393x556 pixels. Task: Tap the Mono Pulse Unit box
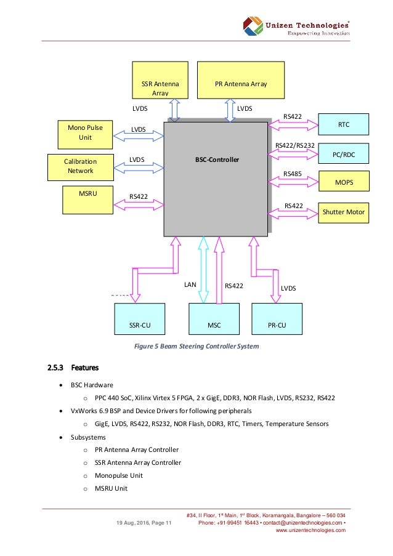coord(85,132)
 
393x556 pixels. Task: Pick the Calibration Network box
coord(80,166)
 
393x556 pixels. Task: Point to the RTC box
coord(343,124)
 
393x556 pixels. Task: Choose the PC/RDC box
coord(343,154)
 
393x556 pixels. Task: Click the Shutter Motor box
coord(343,212)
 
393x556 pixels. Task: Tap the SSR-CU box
coord(140,320)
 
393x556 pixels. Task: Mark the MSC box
coord(214,320)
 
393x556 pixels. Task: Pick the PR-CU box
coord(277,320)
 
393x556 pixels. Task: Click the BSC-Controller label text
coord(216,159)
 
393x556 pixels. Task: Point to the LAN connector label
coord(190,286)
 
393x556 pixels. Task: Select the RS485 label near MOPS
coord(292,174)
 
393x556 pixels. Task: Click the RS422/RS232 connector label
coord(295,146)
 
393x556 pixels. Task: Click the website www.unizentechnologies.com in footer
coord(310,530)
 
